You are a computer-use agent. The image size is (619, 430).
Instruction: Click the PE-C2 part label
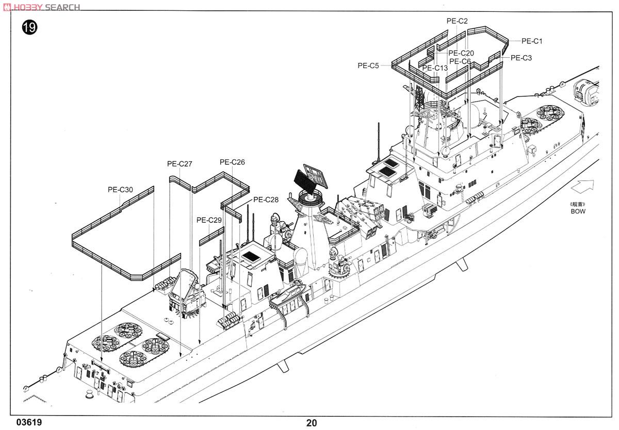click(x=457, y=21)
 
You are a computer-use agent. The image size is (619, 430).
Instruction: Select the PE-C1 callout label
click(x=532, y=41)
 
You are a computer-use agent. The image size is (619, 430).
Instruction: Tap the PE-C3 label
click(x=521, y=58)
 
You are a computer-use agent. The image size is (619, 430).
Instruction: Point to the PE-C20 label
click(x=461, y=53)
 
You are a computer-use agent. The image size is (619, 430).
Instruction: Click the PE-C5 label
click(x=368, y=65)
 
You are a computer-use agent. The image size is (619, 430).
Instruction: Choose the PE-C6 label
click(x=460, y=61)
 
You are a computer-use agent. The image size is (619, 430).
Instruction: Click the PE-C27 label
click(x=180, y=164)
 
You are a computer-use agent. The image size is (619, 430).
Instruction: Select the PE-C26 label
click(x=232, y=162)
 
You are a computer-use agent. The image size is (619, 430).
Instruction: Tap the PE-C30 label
click(x=120, y=190)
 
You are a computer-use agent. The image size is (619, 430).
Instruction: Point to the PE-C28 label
click(x=266, y=200)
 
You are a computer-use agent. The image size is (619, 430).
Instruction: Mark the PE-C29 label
click(x=209, y=220)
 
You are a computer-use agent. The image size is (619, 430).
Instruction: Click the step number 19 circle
click(x=29, y=27)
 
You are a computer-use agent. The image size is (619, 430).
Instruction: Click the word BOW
click(x=578, y=211)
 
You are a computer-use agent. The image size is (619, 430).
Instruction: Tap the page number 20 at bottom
click(x=312, y=423)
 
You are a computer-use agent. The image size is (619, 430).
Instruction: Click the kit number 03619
click(x=29, y=422)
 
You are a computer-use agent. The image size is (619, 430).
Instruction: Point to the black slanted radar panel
click(x=305, y=181)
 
